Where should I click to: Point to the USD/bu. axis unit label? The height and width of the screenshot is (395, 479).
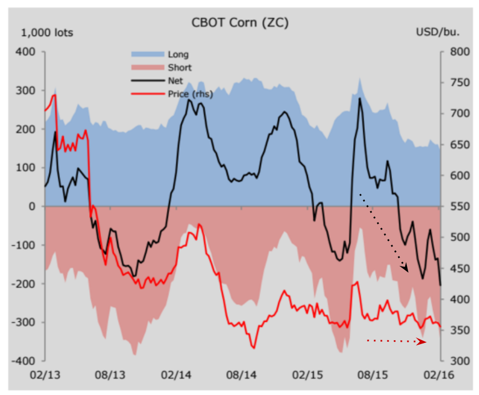(438, 32)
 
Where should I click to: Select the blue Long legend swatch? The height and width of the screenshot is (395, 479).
(148, 54)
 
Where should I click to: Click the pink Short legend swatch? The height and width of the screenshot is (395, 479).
(148, 68)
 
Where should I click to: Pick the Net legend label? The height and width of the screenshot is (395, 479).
(175, 81)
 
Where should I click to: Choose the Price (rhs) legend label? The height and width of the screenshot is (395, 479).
(190, 94)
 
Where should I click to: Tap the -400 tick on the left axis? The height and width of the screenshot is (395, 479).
(25, 361)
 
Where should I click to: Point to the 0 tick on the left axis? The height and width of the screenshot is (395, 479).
(33, 206)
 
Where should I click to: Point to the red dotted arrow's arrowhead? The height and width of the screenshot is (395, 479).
(422, 342)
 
